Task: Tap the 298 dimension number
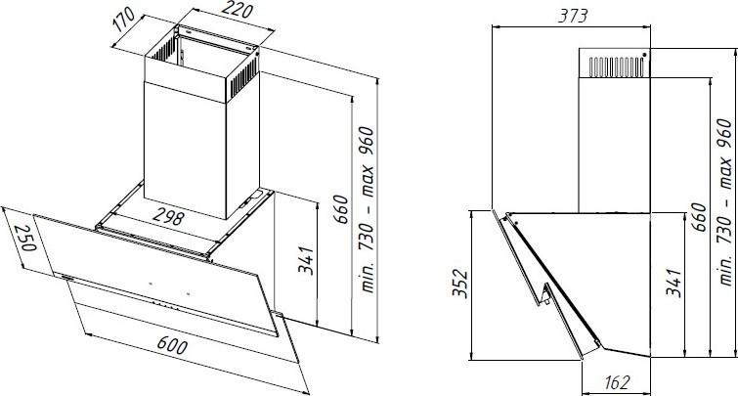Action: coord(169,217)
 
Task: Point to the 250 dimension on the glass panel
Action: coord(23,238)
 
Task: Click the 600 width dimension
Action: coord(172,346)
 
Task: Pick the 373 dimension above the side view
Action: coord(573,16)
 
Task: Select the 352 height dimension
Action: coord(459,283)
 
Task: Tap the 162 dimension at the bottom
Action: coord(616,382)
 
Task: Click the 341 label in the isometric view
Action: coord(305,260)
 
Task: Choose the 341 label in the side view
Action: coord(673,283)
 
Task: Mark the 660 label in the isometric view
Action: coord(342,208)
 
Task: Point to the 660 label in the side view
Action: coord(700,216)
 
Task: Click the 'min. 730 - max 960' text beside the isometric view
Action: coord(367,209)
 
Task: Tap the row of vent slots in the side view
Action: coord(616,66)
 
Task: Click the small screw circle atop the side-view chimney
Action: coord(644,55)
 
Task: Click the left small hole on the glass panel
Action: coord(151,284)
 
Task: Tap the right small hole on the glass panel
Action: coord(188,294)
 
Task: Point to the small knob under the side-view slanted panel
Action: coord(546,301)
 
